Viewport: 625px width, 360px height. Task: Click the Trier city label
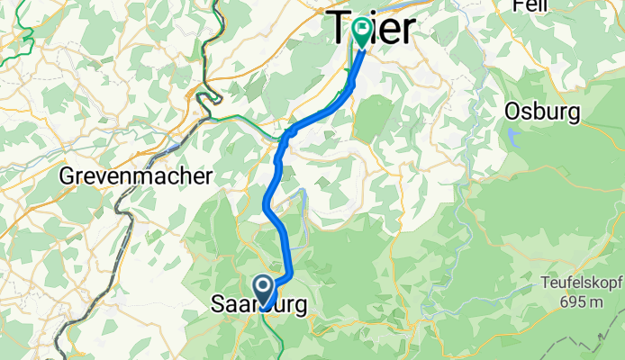point(371,29)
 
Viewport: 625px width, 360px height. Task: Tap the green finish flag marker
point(363,31)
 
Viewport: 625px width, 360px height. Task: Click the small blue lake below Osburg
point(512,137)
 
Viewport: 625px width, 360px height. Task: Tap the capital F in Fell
point(518,5)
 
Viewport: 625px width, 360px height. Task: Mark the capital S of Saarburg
point(218,305)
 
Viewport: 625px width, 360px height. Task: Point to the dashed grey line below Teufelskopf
point(576,343)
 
